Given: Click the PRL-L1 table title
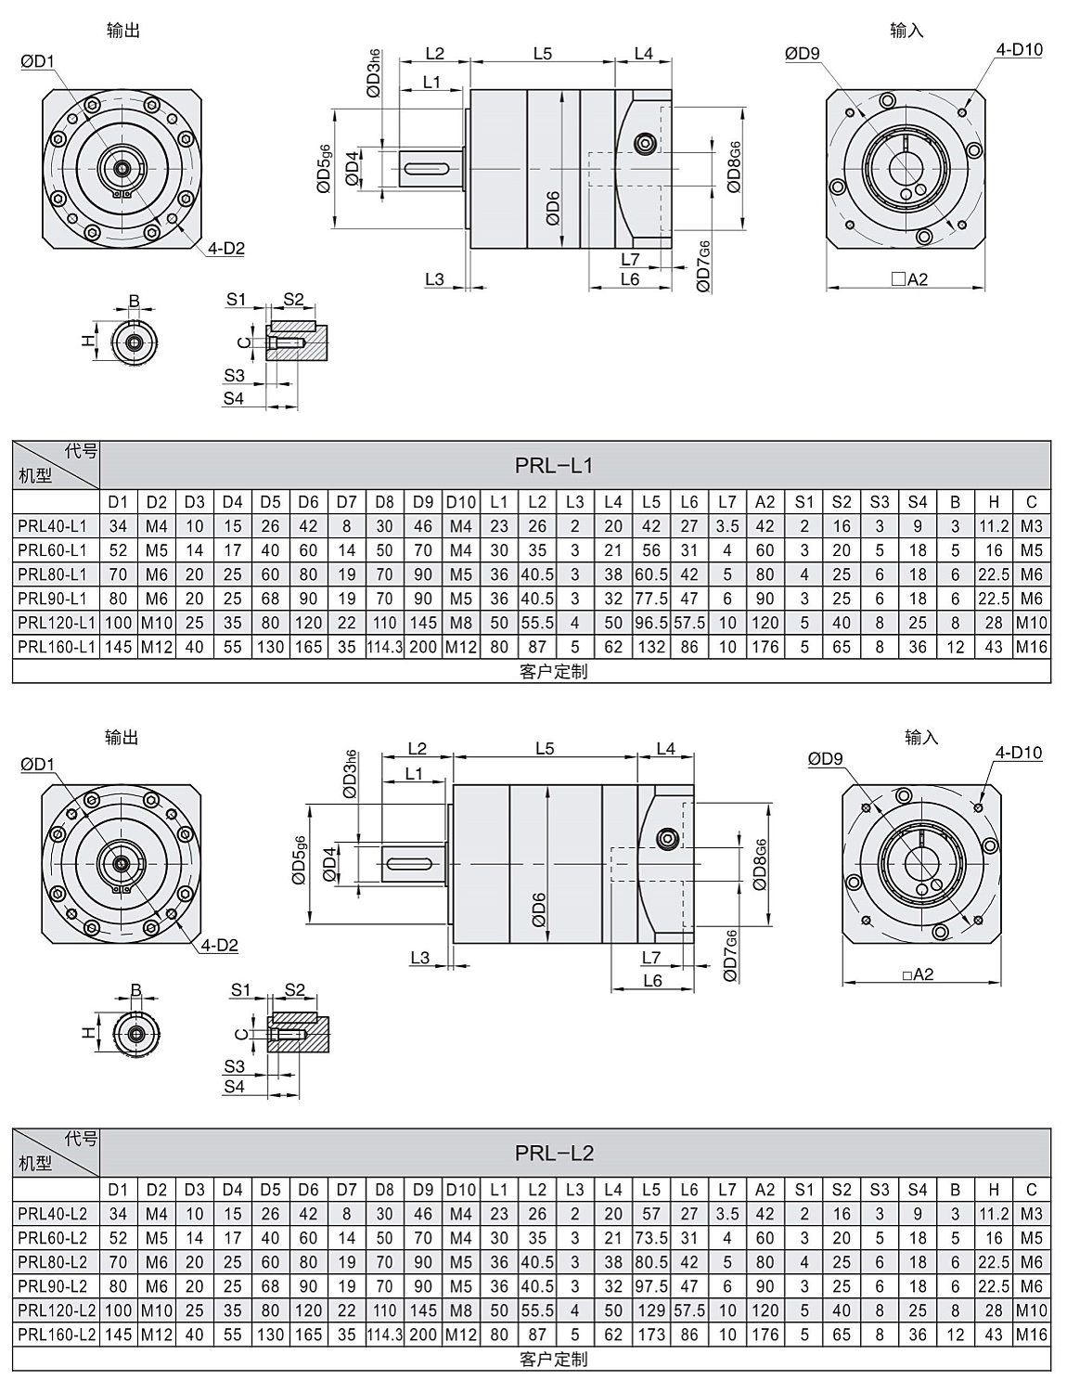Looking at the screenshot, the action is point(554,466).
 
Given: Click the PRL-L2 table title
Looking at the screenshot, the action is point(554,1153).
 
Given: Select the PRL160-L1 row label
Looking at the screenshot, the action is point(57,647).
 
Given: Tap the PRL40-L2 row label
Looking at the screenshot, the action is point(53,1214).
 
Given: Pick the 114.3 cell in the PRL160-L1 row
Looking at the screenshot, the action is point(385,647).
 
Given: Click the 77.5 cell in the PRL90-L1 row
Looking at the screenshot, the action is point(651,599).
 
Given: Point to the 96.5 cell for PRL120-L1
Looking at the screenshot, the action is point(651,623).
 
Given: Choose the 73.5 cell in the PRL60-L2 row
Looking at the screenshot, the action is point(651,1238).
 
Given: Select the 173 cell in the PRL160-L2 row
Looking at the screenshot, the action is point(651,1335).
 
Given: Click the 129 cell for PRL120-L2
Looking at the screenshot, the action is point(651,1310).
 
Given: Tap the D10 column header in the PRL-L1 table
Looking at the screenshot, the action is point(461,502).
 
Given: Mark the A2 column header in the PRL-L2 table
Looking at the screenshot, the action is point(765,1190).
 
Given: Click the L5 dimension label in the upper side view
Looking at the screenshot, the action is point(543,53).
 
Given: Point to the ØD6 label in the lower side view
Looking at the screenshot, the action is point(539,909).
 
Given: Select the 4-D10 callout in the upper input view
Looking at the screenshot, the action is point(1019,49).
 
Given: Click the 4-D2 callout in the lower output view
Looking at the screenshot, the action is point(220,945).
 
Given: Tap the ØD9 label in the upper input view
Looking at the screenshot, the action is point(803,53).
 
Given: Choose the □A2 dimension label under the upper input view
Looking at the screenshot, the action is point(909,279).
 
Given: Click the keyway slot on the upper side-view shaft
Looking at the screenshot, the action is point(427,168).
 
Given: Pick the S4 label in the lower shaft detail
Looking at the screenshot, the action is point(234,1086).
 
